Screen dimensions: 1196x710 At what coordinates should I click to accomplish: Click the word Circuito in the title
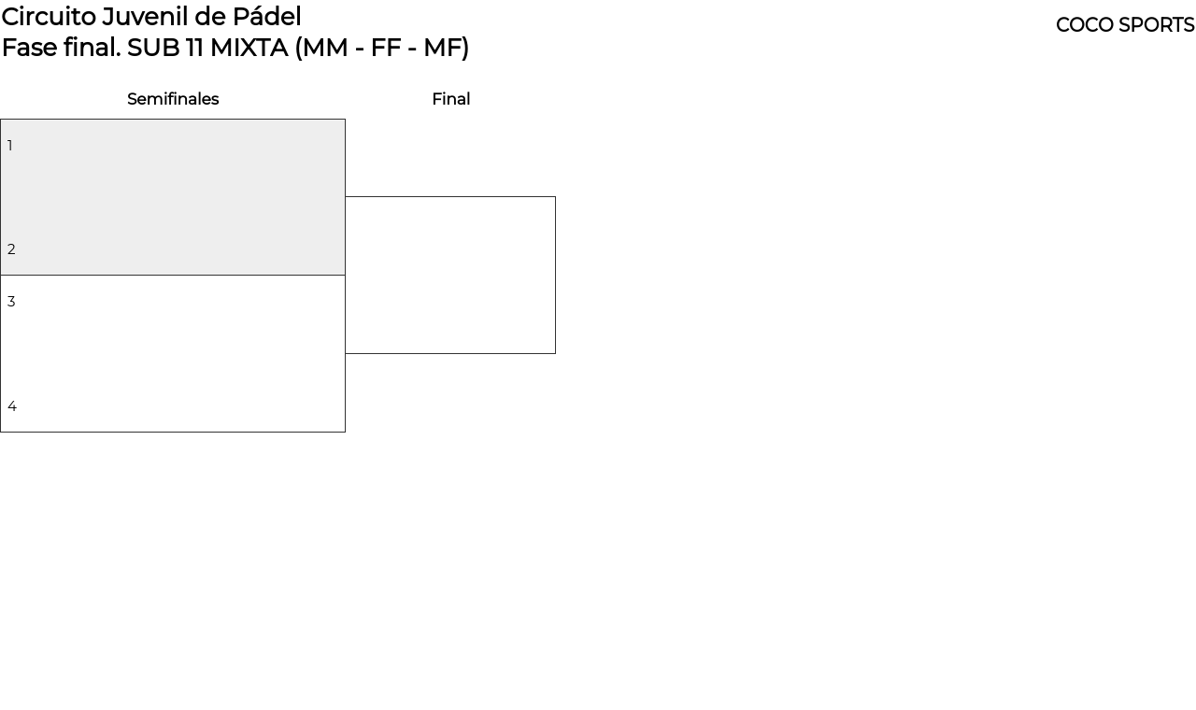50,17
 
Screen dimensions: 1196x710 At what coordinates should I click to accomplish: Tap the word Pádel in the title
267,17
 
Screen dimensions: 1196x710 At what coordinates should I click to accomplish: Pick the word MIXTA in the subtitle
249,48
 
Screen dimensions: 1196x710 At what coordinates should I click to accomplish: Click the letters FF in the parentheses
386,48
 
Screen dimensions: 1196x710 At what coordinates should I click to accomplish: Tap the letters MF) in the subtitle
446,49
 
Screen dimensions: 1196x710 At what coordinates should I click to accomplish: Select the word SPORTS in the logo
1157,25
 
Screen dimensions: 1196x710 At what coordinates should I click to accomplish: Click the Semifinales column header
173,99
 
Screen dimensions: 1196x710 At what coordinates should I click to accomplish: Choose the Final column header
451,99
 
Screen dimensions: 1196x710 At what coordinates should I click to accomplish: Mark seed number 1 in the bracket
10,146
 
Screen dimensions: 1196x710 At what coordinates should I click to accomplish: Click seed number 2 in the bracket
11,249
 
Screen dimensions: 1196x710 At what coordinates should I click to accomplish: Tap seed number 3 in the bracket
11,302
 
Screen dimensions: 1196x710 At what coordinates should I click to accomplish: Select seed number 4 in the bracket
12,406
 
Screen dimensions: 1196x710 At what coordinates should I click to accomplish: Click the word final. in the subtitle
93,48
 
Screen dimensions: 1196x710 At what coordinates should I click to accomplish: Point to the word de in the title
210,17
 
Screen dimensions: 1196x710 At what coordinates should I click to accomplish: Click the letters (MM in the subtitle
321,49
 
